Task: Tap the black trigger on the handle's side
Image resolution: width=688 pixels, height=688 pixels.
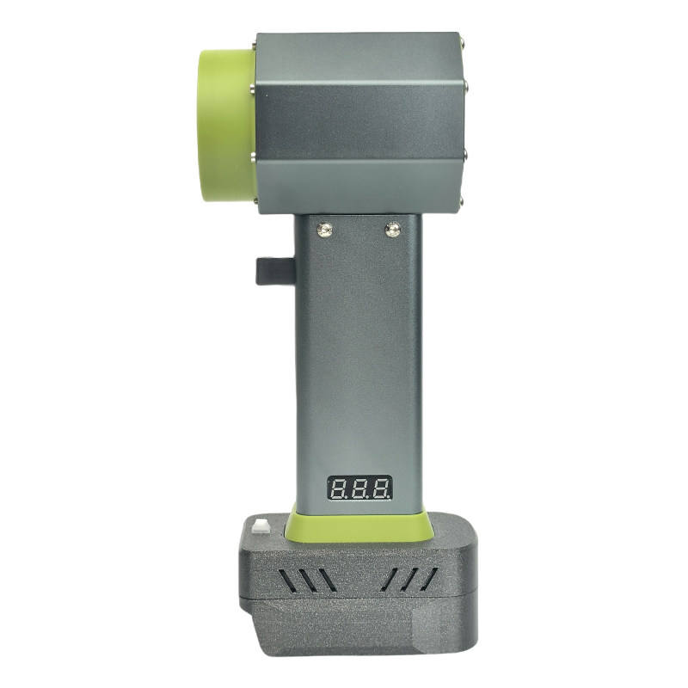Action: tap(275, 271)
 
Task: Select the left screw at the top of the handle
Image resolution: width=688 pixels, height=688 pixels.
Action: tap(325, 229)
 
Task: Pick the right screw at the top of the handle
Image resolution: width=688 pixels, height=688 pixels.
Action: tap(393, 229)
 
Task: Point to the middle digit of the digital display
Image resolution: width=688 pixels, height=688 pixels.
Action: tap(359, 488)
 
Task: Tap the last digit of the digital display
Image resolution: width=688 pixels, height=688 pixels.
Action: tap(380, 488)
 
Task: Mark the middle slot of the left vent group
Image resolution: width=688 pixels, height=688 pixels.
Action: tap(307, 580)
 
